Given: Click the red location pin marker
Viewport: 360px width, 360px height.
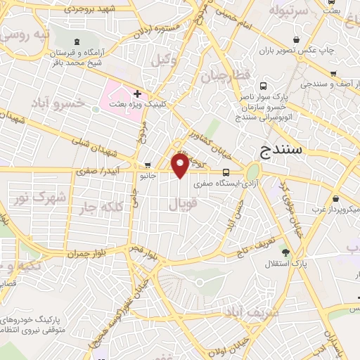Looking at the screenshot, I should [181, 166].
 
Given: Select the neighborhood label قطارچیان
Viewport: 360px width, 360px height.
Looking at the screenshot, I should [226, 76].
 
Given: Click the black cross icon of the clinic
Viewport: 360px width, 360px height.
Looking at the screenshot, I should [137, 94].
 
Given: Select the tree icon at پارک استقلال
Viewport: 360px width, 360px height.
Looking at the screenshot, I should [285, 252].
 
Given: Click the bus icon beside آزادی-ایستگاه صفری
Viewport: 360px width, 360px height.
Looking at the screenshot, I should [226, 172].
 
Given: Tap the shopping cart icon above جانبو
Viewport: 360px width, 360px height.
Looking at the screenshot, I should [146, 165].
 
